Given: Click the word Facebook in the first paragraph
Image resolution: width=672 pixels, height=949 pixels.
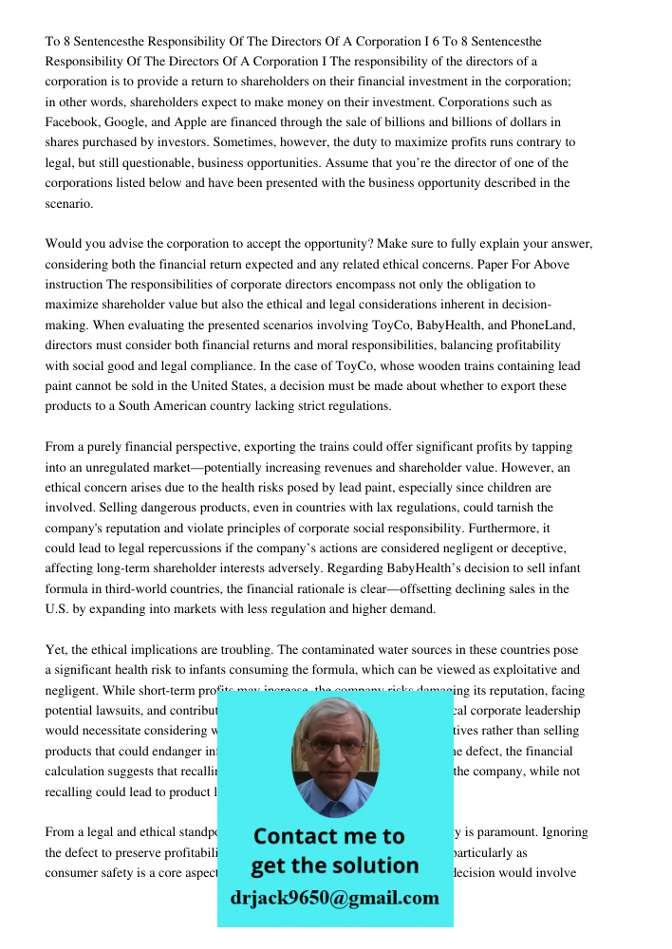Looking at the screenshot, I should pos(72,122).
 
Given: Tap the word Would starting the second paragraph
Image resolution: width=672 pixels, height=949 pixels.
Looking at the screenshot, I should pos(65,244).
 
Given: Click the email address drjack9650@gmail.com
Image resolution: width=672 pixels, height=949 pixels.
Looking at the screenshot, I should pos(335,898).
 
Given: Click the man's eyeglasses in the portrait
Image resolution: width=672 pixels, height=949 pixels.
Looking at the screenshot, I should pos(333,747).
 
